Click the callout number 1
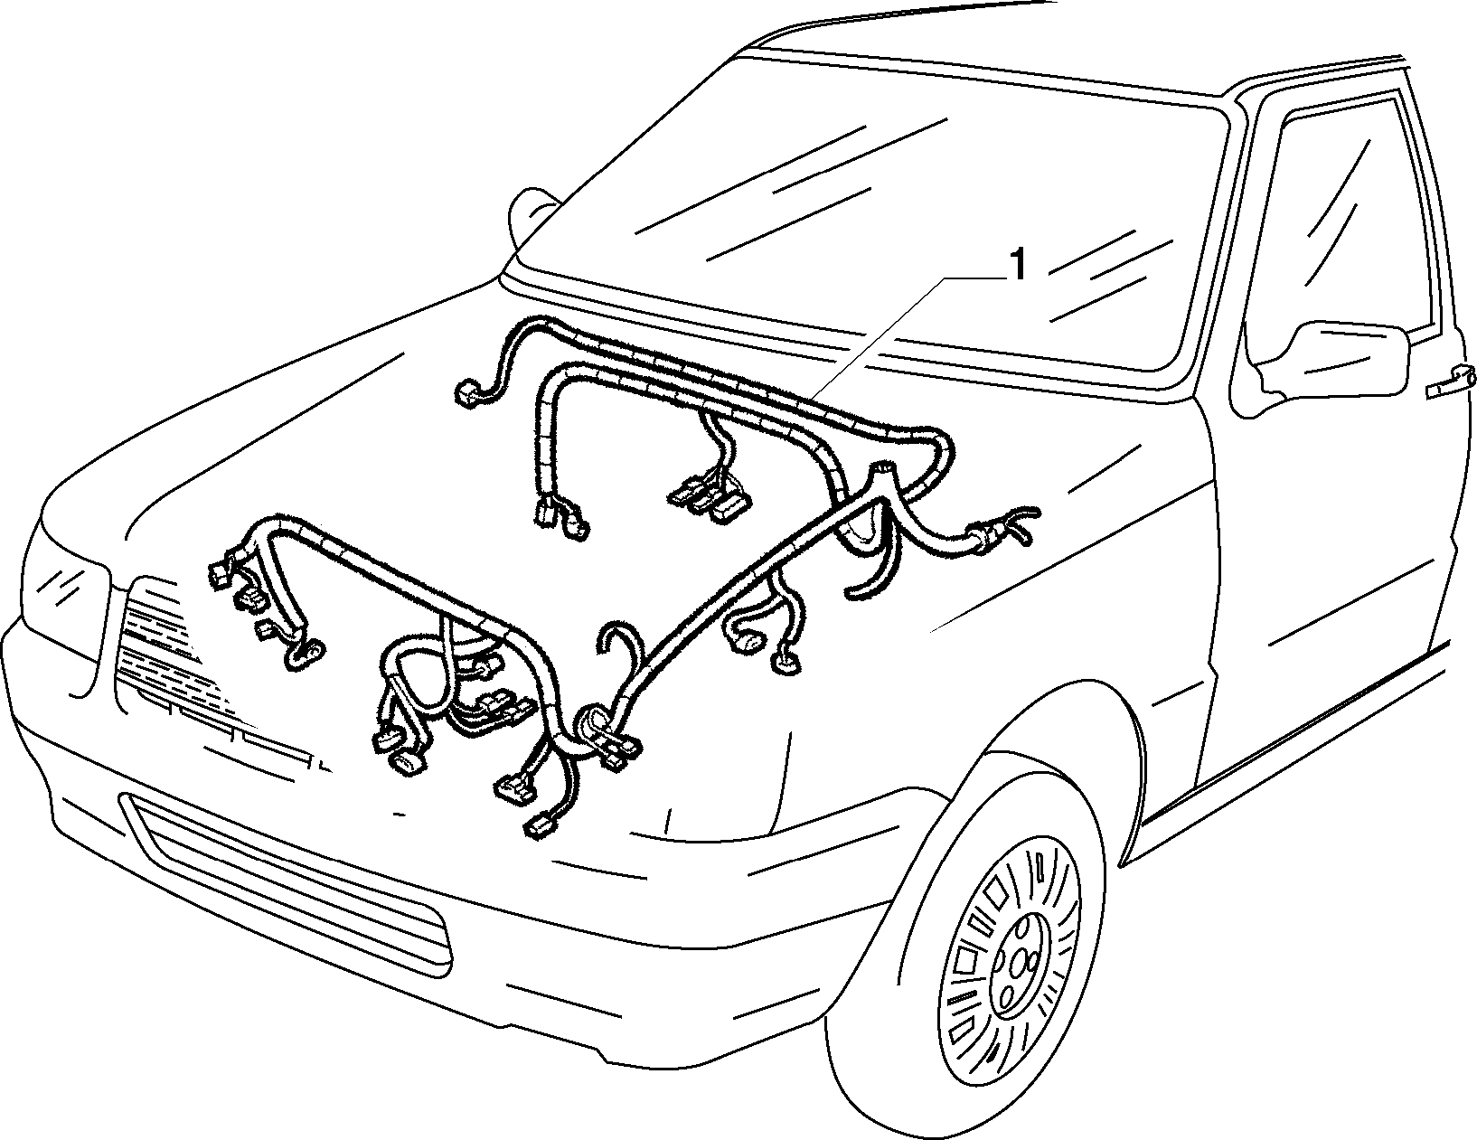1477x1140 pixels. (1018, 266)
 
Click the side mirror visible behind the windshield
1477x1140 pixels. (532, 213)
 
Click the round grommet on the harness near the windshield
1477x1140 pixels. (881, 468)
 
